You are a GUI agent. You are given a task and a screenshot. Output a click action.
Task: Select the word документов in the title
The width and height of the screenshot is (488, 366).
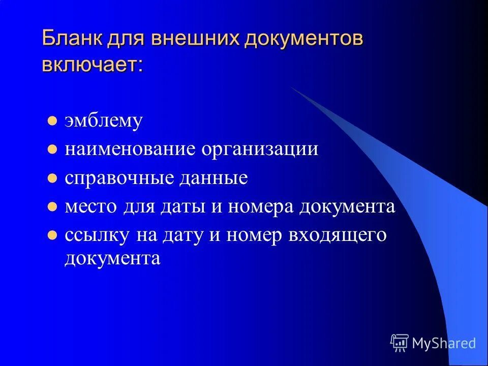click(x=303, y=39)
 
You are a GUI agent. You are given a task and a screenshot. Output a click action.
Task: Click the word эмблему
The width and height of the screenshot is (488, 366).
click(x=103, y=121)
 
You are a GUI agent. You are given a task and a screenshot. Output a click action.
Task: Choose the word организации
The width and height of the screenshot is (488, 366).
click(x=260, y=149)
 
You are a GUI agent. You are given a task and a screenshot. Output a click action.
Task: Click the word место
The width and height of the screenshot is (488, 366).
click(x=89, y=207)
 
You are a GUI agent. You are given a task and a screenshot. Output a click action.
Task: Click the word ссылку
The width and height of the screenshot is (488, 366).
click(x=95, y=235)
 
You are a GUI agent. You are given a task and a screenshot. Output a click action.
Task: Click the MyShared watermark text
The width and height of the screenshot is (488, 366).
click(x=444, y=343)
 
